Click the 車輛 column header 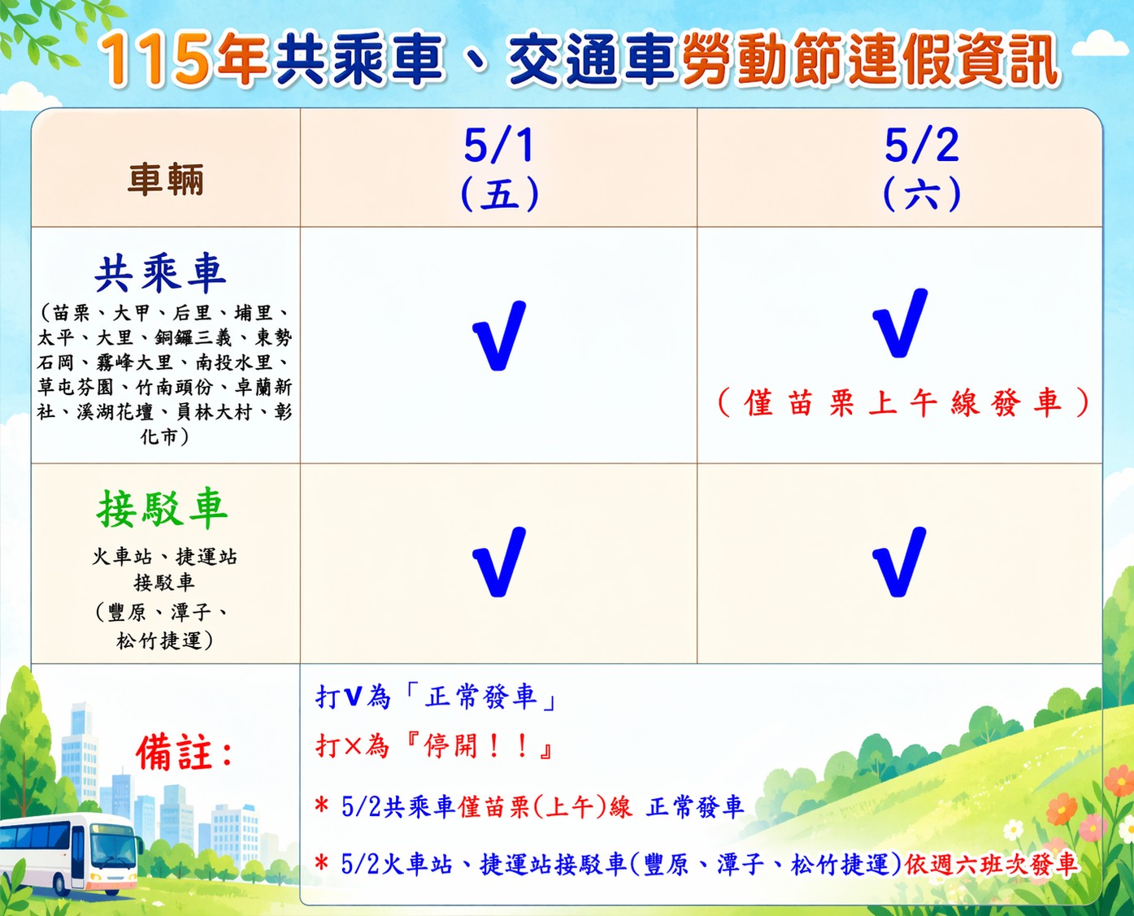coord(165,179)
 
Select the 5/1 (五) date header coord(499,169)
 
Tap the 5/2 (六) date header coord(922,169)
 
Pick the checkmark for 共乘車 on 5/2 coord(899,323)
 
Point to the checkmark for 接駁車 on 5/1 coord(498,562)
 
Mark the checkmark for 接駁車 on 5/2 coord(899,562)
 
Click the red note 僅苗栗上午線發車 coord(903,402)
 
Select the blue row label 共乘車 coord(160,273)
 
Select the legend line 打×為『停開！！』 coord(435,745)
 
